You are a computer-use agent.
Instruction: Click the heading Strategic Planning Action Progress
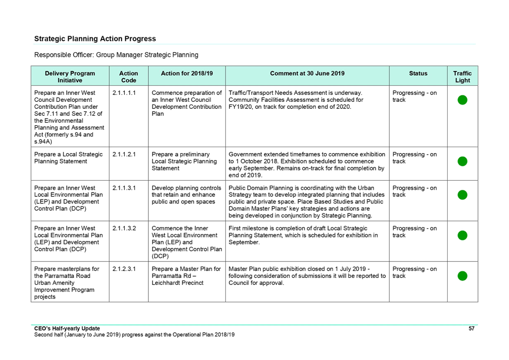pos(95,38)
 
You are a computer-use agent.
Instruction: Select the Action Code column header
pos(129,77)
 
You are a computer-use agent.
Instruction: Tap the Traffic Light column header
pos(462,77)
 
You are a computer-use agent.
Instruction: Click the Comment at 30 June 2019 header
pos(307,74)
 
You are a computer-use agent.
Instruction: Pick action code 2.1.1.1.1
pos(124,93)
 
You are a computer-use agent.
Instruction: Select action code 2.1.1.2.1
pos(124,154)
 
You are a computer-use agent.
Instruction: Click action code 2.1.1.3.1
pos(124,188)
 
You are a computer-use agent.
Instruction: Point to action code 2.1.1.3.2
pos(124,228)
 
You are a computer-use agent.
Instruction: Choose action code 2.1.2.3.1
pos(124,269)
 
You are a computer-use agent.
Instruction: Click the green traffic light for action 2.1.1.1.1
pos(462,100)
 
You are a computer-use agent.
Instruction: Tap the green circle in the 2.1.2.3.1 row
pos(462,276)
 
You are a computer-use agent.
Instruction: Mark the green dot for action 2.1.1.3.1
pos(462,195)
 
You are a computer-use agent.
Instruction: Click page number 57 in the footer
pos(471,329)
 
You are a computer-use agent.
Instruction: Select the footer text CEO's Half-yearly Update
pos(67,329)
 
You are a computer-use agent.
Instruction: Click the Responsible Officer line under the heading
pos(116,55)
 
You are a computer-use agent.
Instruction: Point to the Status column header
pos(418,74)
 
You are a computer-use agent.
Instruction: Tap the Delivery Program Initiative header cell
pos(70,77)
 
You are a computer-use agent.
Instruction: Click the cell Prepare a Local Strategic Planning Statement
pos(68,158)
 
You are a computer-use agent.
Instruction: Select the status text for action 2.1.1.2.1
pos(415,158)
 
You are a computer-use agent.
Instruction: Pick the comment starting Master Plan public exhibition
pos(307,276)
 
